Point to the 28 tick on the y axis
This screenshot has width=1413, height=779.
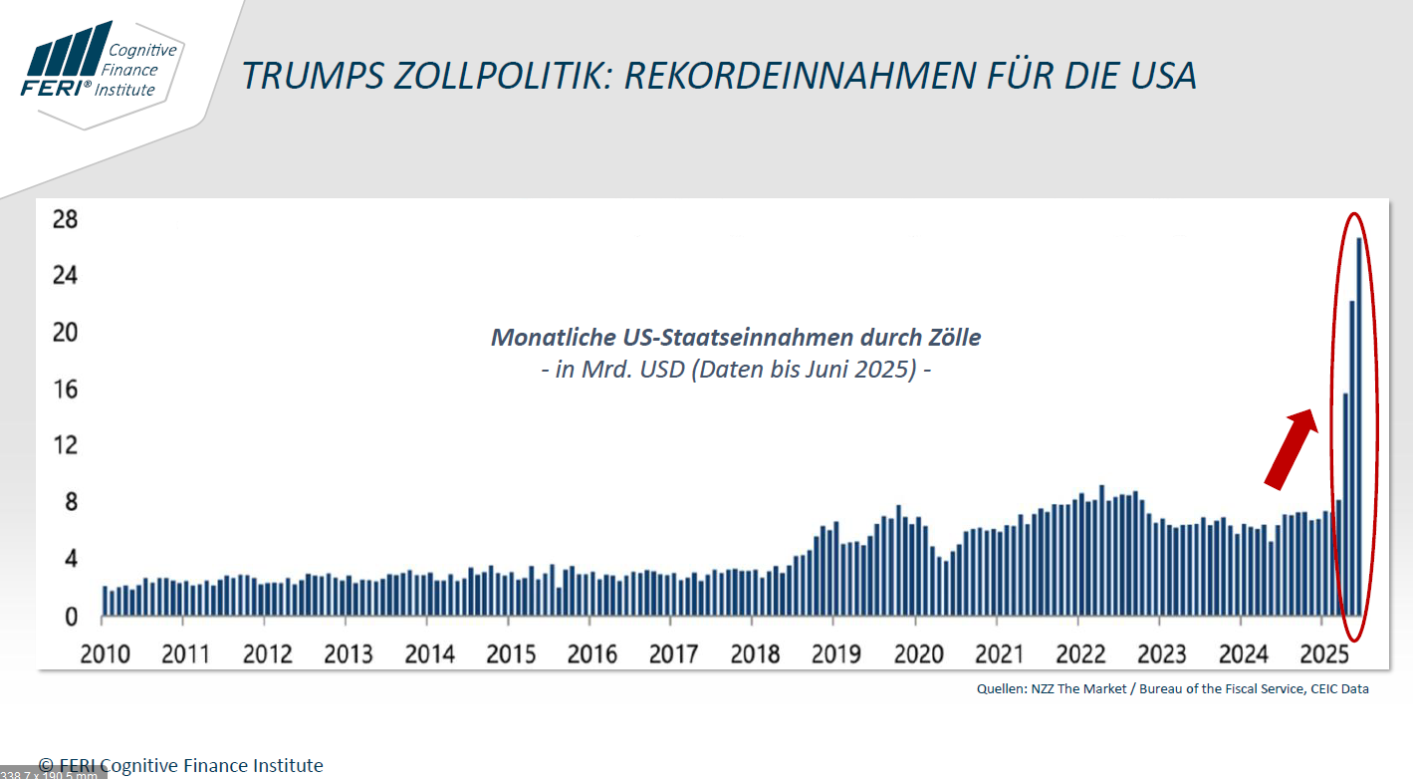click(65, 218)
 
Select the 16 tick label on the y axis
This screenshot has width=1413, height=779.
click(65, 389)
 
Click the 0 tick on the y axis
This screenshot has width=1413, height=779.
click(71, 617)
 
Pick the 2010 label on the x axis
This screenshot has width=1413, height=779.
click(105, 653)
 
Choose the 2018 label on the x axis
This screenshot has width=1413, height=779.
click(755, 653)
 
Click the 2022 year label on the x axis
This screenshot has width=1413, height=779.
click(1080, 653)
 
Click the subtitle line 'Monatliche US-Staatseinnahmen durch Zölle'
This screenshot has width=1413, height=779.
click(736, 338)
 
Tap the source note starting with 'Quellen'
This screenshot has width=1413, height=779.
click(1172, 688)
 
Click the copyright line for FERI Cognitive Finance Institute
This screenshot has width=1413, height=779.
click(181, 765)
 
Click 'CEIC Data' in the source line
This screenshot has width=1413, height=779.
click(1340, 688)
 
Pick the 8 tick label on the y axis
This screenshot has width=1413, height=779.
click(71, 502)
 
